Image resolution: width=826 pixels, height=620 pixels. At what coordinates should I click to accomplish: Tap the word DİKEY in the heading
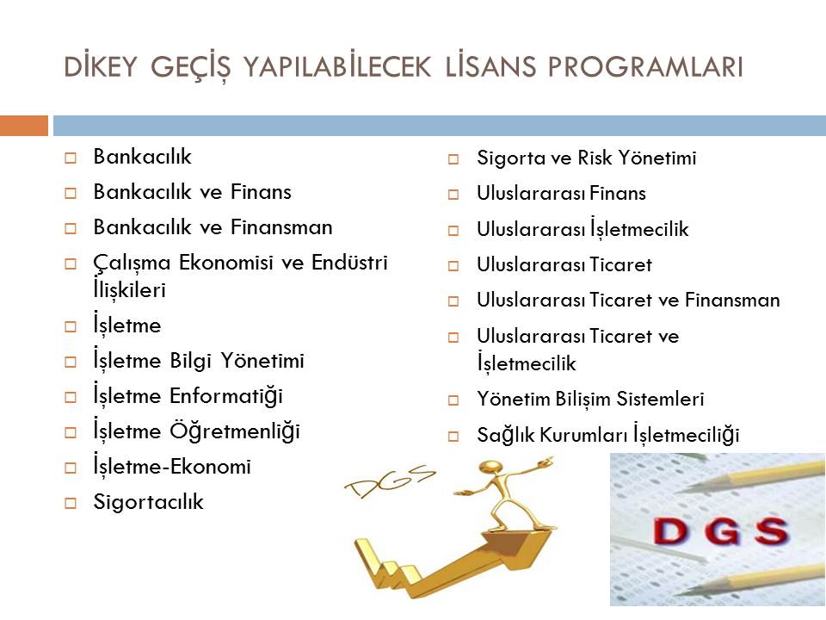point(100,66)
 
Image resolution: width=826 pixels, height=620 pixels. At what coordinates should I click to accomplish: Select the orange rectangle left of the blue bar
point(24,126)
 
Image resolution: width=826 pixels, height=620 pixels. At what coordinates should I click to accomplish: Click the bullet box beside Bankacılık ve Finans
point(70,193)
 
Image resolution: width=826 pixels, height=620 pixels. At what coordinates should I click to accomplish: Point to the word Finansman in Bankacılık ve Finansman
point(281,227)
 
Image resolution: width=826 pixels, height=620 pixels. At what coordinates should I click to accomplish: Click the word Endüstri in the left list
point(349,262)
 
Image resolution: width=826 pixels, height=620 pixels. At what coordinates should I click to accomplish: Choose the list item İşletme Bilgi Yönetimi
point(199,361)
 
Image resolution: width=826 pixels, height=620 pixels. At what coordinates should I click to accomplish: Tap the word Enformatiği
point(226,396)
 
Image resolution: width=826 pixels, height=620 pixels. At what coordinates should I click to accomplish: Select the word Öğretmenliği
point(234,431)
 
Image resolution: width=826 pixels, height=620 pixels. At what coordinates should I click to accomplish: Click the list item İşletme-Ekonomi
point(172,467)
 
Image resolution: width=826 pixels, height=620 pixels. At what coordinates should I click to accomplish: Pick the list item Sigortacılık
point(148,502)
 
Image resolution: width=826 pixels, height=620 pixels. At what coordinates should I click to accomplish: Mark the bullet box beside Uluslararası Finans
point(453,195)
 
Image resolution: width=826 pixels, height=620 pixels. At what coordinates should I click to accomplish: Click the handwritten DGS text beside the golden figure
point(390,480)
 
